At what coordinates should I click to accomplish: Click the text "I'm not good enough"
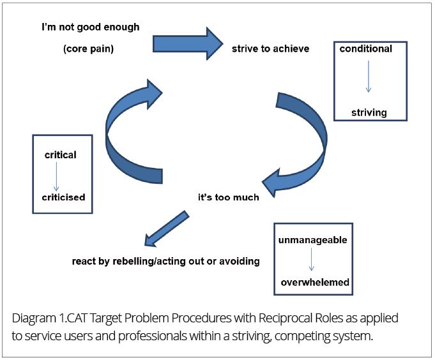(x=91, y=27)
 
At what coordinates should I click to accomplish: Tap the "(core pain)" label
(x=89, y=49)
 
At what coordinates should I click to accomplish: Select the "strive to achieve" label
(x=270, y=49)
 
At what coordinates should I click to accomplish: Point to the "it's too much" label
(x=229, y=197)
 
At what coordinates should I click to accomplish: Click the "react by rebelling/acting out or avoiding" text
(x=166, y=261)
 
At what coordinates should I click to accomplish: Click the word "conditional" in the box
(x=365, y=49)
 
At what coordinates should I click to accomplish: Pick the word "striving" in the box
(x=369, y=113)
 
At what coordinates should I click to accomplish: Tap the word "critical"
(x=61, y=155)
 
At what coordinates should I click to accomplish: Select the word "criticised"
(x=63, y=197)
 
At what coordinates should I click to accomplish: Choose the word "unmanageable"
(x=312, y=240)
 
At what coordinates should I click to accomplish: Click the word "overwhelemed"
(x=315, y=282)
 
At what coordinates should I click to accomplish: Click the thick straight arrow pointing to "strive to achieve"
(x=188, y=43)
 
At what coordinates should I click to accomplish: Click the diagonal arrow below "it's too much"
(x=167, y=229)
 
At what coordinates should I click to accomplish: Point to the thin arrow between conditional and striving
(x=369, y=76)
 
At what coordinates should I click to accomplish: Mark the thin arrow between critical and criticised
(x=56, y=176)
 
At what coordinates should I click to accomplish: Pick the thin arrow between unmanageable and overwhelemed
(x=311, y=259)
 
